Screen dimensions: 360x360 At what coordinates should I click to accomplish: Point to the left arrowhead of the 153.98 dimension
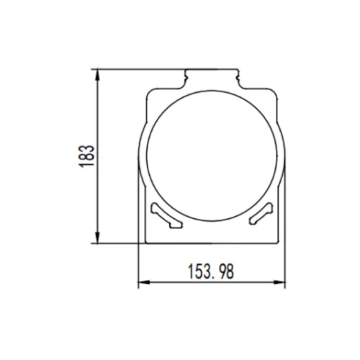point(142,282)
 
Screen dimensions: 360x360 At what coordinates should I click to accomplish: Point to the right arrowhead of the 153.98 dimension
point(281,282)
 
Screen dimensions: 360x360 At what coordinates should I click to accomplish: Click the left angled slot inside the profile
point(166,216)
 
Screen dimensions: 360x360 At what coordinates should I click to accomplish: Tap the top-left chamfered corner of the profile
point(153,89)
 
